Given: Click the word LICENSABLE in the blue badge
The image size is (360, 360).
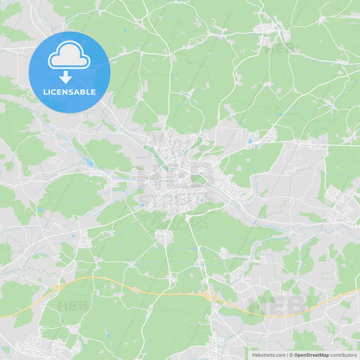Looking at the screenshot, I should pos(70,92).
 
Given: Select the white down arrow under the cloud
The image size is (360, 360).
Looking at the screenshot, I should pos(66,76).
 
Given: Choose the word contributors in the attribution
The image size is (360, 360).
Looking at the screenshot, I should pos(344,355).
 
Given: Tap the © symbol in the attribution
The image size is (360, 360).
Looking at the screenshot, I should pos(291,355).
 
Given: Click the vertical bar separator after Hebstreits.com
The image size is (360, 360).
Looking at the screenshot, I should pos(286,355).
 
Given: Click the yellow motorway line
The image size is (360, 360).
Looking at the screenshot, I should pos(135,287).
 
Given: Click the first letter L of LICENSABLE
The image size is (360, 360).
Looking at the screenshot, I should pos(45,92).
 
